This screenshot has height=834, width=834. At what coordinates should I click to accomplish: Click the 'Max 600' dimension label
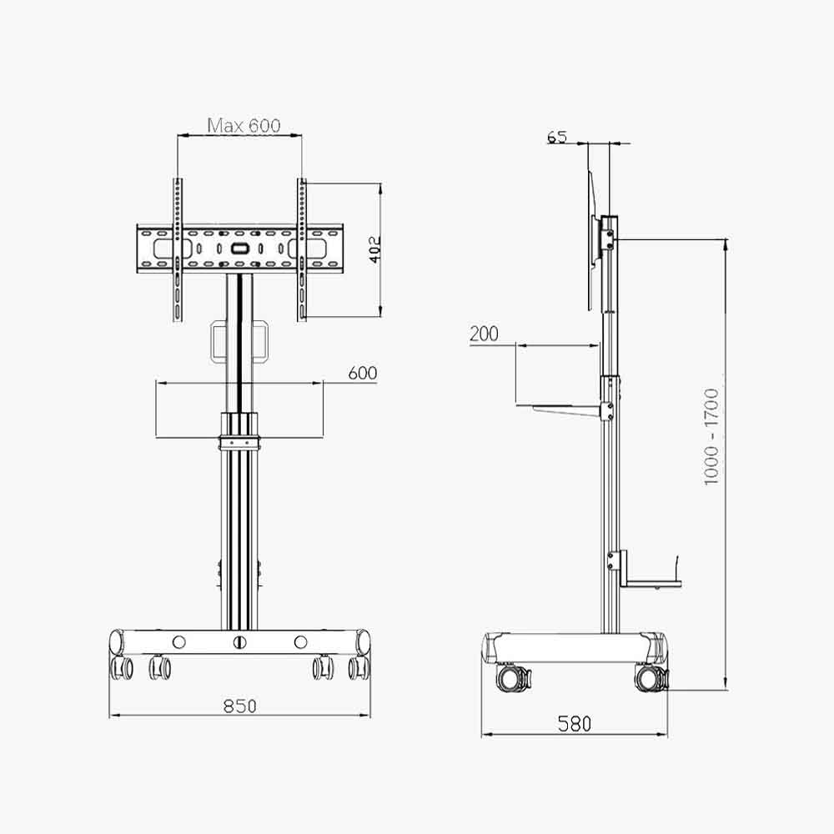click(x=244, y=126)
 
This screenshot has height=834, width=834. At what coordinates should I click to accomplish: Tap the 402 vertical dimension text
click(x=375, y=249)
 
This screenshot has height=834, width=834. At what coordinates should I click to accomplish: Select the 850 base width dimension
click(x=239, y=706)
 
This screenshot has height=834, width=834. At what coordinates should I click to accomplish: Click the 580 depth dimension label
click(x=575, y=724)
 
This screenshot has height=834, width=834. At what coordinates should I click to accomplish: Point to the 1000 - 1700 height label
click(x=711, y=436)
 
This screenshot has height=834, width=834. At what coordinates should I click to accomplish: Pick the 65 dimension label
click(x=557, y=137)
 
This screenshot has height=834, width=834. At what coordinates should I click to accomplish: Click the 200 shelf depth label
click(x=484, y=334)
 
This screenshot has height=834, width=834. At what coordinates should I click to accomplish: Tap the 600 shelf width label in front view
click(x=362, y=373)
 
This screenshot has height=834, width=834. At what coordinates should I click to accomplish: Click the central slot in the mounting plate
click(x=239, y=248)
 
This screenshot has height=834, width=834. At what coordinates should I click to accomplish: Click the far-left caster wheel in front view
click(x=122, y=666)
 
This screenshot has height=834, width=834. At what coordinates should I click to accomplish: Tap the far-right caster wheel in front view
click(x=359, y=666)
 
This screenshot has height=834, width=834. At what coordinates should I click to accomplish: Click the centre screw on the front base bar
click(x=240, y=642)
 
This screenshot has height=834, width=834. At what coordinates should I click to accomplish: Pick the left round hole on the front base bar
click(x=178, y=642)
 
